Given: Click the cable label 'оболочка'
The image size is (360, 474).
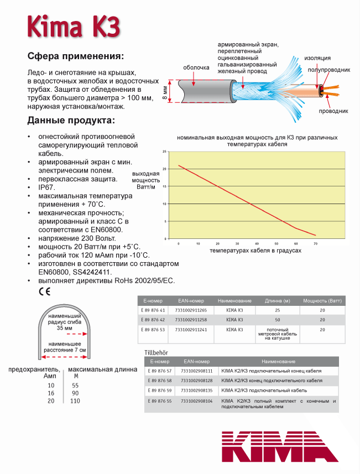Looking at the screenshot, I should tap(196, 68).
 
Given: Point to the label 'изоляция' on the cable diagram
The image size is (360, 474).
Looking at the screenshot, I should tap(317, 58).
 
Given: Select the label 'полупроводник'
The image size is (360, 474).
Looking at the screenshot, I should tap(329, 70).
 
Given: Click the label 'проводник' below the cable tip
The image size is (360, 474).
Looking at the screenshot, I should tap(333, 111).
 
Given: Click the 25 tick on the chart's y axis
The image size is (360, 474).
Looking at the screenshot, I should tap(164, 151).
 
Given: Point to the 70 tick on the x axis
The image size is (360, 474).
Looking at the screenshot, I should tap(315, 243).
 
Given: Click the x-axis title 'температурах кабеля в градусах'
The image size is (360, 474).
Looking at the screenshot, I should tap(255, 251).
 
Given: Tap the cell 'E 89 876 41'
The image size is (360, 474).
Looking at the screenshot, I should tap(154, 310).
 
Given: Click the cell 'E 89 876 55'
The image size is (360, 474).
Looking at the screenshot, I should tap(161, 400).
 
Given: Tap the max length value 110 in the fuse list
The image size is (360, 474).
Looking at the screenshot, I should tap(75, 401).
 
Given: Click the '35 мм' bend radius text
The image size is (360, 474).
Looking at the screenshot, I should tap(64, 328).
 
